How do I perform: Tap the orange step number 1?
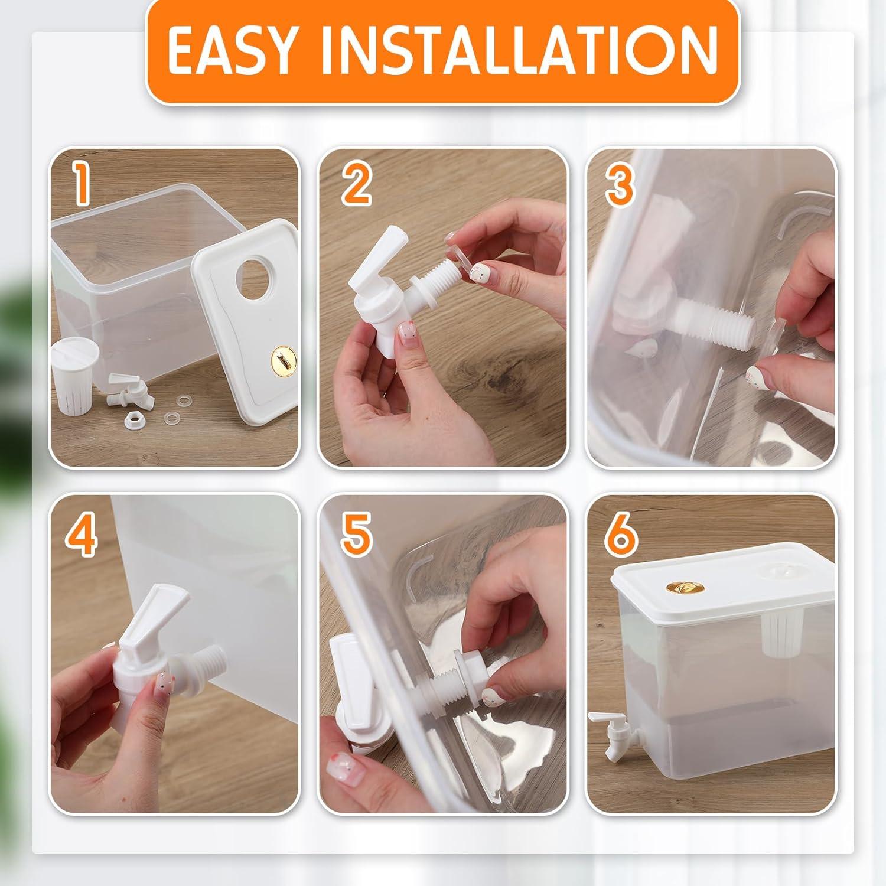[x=83, y=184]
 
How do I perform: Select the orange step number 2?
[x=356, y=184]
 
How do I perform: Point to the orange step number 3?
[x=619, y=184]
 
